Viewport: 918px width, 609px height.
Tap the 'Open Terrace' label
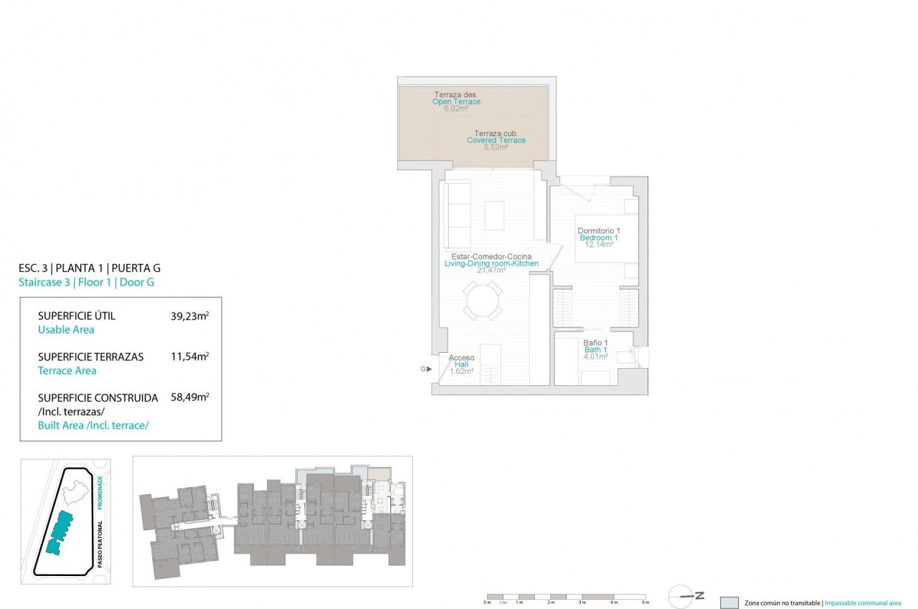[x=456, y=102]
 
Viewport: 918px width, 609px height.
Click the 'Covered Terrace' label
[x=496, y=140]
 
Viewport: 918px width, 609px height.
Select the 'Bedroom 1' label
[x=598, y=237]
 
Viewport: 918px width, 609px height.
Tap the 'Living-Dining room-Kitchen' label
[x=491, y=264]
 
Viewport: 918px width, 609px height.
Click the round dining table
[x=483, y=301]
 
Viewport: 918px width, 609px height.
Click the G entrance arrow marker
[x=425, y=369]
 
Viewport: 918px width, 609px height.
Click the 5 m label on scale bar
[x=645, y=603]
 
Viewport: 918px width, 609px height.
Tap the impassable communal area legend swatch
[x=729, y=603]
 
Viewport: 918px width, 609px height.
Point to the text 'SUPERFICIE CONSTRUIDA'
[x=98, y=397]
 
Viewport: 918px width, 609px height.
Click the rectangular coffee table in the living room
[x=494, y=214]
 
